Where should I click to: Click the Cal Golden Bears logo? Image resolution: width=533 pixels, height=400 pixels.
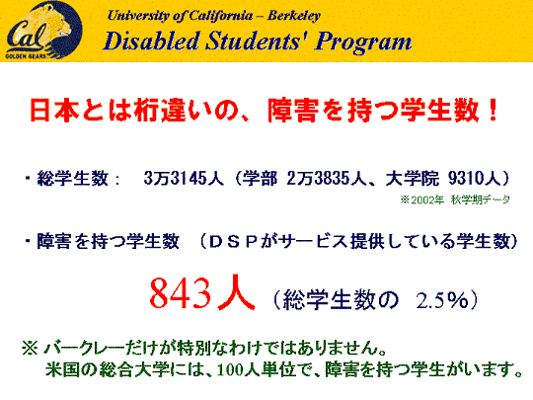[x=43, y=30]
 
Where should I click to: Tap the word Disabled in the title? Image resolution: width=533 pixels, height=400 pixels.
[x=151, y=40]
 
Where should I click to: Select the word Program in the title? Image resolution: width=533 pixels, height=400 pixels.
[x=363, y=42]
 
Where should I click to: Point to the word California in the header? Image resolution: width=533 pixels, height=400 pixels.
[x=221, y=16]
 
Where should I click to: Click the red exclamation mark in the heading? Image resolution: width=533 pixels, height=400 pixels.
[x=492, y=111]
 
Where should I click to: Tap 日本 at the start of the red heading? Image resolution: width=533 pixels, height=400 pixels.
[x=54, y=111]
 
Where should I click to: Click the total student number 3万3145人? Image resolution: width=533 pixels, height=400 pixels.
[x=184, y=178]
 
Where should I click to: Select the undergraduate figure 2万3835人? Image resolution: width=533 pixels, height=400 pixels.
[x=327, y=178]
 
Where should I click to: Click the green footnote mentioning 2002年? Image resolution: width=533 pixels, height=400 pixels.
[x=455, y=200]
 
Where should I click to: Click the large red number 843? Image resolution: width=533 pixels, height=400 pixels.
[x=181, y=293]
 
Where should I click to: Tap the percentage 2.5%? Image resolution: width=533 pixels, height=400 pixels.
[x=442, y=300]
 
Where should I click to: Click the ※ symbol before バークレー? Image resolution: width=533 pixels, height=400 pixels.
[x=30, y=349]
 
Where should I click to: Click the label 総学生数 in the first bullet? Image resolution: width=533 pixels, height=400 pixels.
[x=73, y=178]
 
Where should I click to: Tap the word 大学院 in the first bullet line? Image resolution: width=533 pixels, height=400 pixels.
[x=412, y=178]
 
